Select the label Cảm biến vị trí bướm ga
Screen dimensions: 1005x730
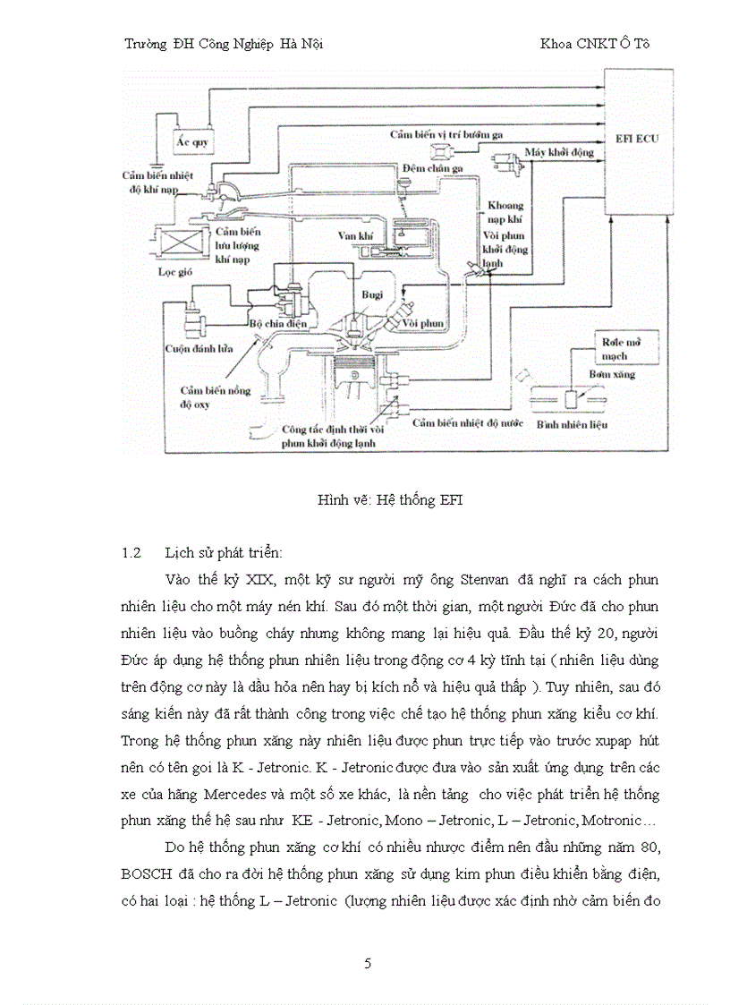[x=446, y=133]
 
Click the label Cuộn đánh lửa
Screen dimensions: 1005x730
[x=199, y=348]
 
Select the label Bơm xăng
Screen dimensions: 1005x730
[x=612, y=374]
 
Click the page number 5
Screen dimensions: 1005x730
[x=368, y=964]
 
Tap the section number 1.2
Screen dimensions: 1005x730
[x=132, y=552]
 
